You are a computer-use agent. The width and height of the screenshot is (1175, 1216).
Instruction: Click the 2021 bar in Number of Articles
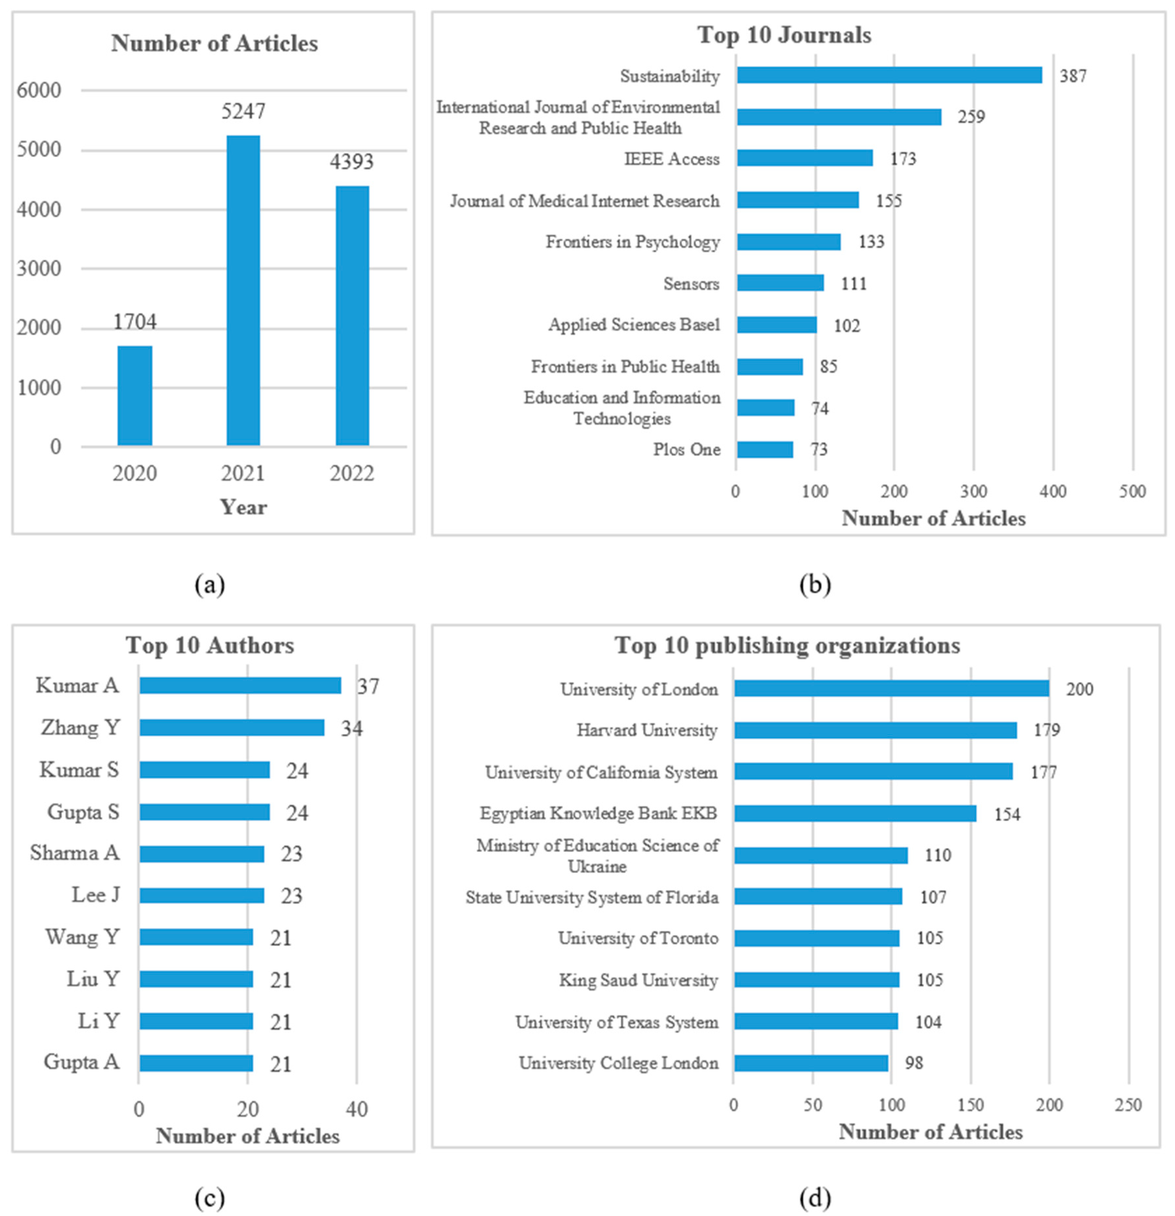click(x=243, y=290)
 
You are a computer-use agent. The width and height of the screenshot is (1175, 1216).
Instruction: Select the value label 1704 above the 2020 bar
click(x=135, y=322)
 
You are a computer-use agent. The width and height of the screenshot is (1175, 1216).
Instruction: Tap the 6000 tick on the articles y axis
click(x=39, y=91)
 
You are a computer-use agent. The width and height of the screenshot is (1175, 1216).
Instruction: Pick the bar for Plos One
click(x=765, y=449)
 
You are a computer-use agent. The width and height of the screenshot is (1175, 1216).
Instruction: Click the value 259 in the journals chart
click(x=971, y=117)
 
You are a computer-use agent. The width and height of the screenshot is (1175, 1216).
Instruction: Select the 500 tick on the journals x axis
click(x=1132, y=491)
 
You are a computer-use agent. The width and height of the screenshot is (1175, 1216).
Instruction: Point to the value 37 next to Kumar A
click(x=368, y=686)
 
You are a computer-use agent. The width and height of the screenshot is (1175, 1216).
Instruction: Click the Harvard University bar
click(x=875, y=730)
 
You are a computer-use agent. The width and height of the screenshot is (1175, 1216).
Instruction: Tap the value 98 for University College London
click(x=914, y=1063)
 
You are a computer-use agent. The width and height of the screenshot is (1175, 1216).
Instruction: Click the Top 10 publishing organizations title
click(x=787, y=645)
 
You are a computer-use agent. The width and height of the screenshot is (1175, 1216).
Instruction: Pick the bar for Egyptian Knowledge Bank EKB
click(x=855, y=813)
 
